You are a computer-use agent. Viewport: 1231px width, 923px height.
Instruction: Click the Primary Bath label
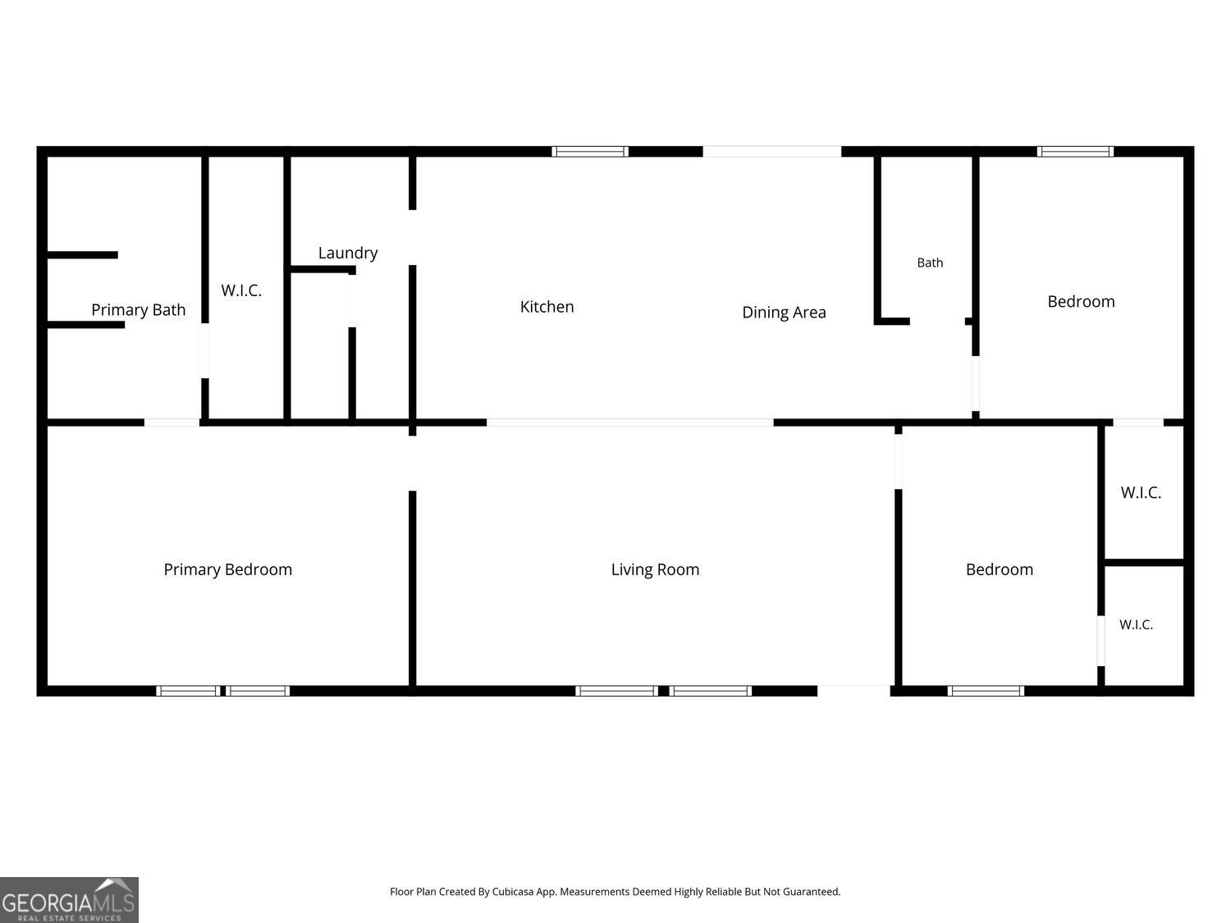point(138,310)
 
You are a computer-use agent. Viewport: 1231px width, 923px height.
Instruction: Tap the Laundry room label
point(348,254)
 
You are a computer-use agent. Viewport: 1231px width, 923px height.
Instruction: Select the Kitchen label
point(547,307)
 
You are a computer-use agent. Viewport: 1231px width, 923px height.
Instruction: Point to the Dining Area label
point(784,313)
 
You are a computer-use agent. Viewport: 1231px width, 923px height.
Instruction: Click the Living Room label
point(655,570)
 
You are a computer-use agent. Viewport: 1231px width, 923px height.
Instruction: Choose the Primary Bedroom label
point(227,570)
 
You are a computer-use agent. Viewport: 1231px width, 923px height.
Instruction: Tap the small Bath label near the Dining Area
point(930,263)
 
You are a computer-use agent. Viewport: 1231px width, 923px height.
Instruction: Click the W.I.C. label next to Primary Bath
point(241,290)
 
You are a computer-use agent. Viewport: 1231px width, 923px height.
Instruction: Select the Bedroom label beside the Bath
point(1081,301)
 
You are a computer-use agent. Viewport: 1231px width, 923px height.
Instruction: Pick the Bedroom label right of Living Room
point(999,569)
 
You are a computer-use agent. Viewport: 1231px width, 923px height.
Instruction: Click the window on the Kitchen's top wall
point(589,152)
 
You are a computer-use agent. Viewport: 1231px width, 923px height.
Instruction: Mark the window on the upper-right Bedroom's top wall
point(1075,152)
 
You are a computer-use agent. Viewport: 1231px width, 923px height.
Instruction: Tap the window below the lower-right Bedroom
point(986,691)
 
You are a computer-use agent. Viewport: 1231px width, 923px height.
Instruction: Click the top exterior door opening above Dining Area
point(771,152)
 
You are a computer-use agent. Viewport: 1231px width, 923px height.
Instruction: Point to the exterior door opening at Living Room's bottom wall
point(853,691)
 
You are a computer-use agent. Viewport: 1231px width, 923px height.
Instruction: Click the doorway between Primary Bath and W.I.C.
point(204,351)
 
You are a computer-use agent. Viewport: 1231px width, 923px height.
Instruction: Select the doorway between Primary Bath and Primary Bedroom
point(172,423)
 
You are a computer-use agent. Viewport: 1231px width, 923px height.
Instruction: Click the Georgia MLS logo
point(69,899)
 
